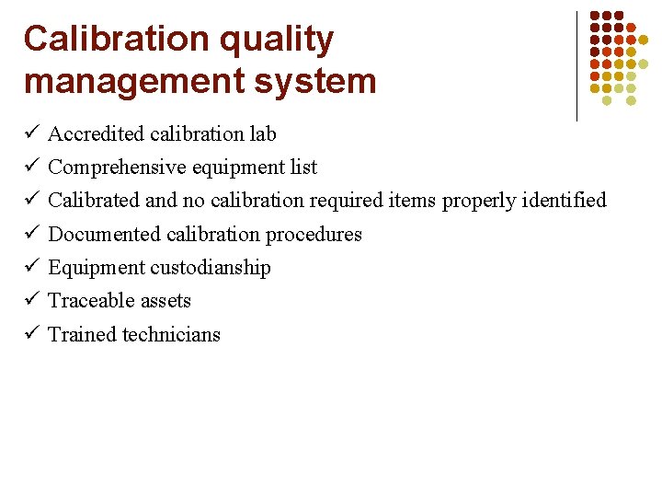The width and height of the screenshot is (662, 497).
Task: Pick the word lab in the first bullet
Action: tap(263, 134)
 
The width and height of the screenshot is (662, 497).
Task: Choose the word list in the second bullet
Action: tap(304, 168)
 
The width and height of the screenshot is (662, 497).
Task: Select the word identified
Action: tap(565, 201)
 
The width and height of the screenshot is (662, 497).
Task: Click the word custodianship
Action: tap(211, 268)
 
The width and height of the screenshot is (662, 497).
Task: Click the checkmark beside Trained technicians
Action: tap(30, 334)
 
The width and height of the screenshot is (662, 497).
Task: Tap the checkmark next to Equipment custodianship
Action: tap(30, 267)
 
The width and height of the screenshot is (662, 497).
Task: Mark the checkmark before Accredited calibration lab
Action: tap(30, 133)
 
